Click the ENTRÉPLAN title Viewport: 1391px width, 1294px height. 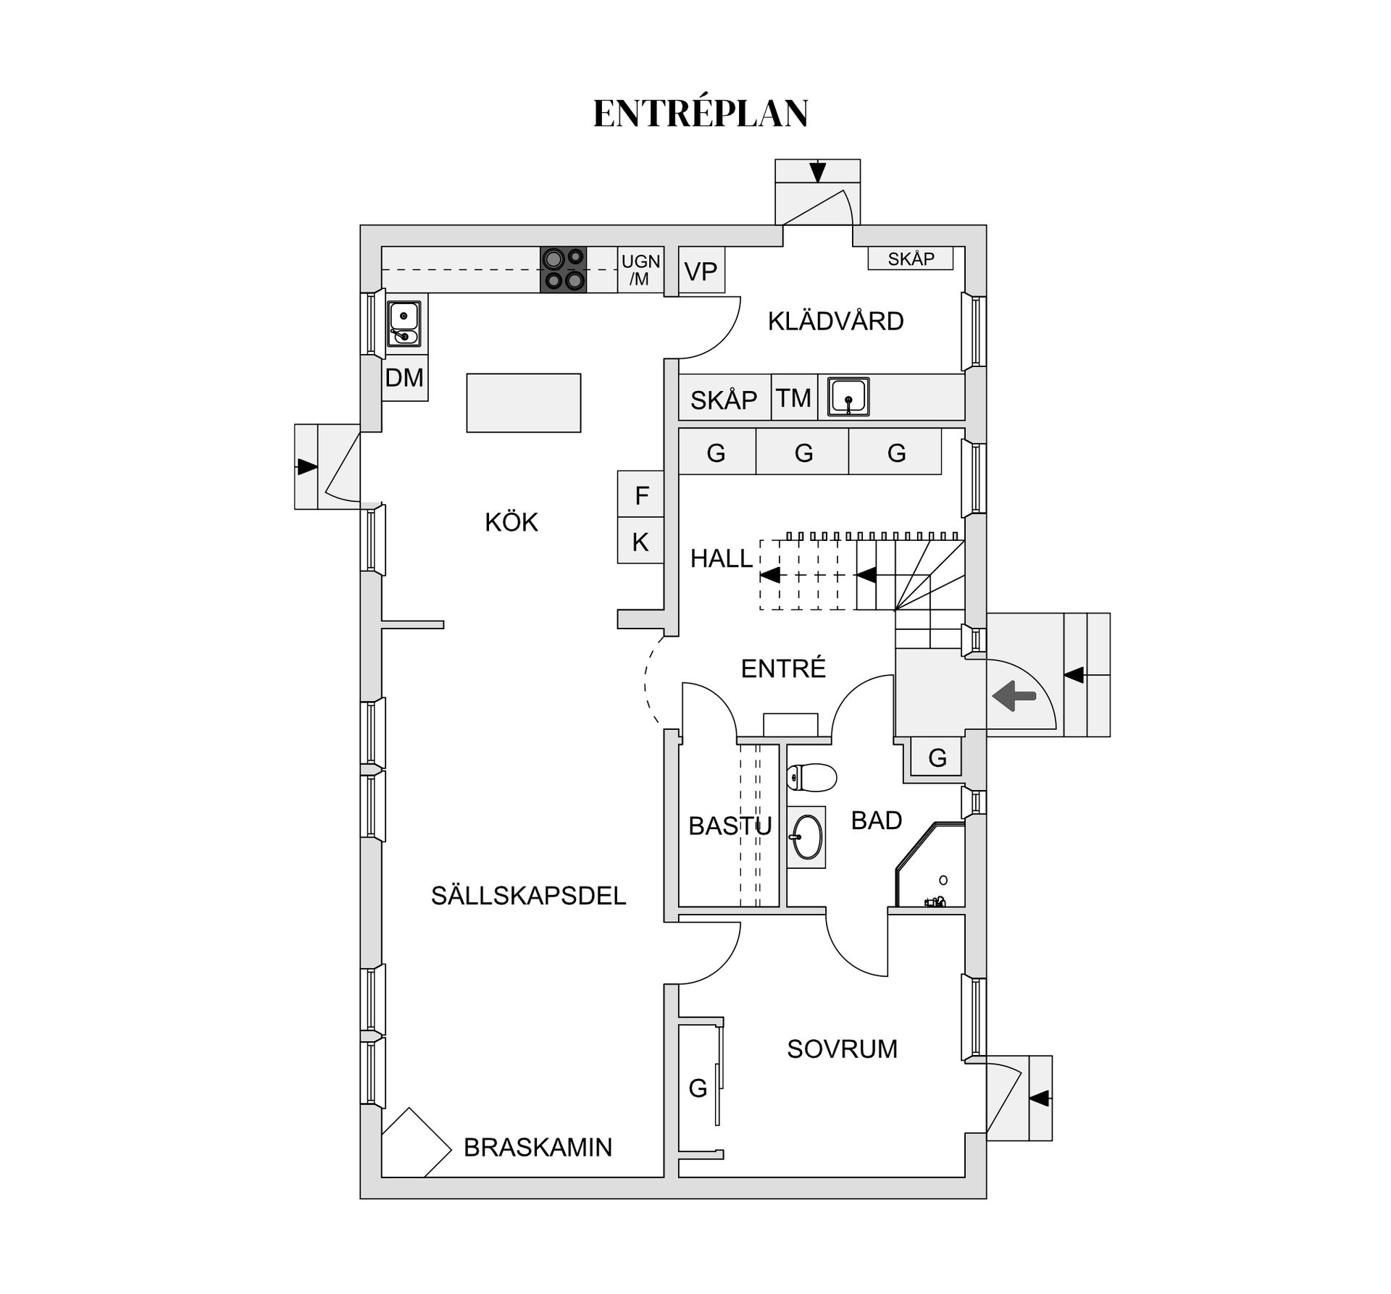(x=700, y=114)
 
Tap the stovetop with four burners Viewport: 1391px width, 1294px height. (x=563, y=269)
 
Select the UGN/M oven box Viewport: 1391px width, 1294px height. (x=640, y=270)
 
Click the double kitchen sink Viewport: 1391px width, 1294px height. (x=404, y=323)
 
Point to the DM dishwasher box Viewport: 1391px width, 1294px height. (x=404, y=377)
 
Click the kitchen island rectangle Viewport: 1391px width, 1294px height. (x=523, y=403)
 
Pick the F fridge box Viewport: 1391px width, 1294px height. (x=640, y=495)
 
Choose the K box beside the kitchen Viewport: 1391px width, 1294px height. (x=640, y=541)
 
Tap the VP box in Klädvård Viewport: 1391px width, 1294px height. (x=701, y=272)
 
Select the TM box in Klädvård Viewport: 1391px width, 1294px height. (x=794, y=398)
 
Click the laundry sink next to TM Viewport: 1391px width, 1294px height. (x=848, y=397)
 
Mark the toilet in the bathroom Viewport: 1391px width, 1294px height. (x=812, y=777)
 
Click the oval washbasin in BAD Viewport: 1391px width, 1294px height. (x=806, y=837)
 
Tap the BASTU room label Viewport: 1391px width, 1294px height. (x=730, y=825)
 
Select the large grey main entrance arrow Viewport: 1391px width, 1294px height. (x=1014, y=697)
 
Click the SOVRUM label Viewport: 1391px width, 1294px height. (x=842, y=1049)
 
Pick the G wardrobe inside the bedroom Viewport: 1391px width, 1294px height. (x=698, y=1087)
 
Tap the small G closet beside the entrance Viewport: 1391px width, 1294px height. (x=937, y=758)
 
